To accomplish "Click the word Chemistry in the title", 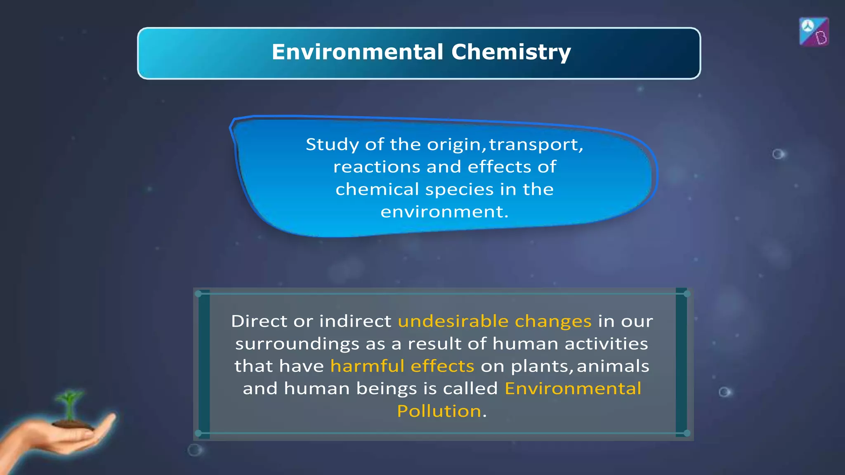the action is [x=511, y=52].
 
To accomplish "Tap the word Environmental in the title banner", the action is [x=357, y=52].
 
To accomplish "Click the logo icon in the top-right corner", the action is [x=814, y=32].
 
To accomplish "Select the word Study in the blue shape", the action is [x=332, y=145].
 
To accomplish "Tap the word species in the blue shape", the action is [x=459, y=190].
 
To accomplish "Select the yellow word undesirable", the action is [x=453, y=321].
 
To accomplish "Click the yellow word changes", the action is [x=553, y=321].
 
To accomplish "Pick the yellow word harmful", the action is [x=367, y=366].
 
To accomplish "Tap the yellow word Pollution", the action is [x=439, y=411].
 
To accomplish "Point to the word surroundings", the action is [x=297, y=344].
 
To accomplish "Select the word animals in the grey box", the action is [x=613, y=366].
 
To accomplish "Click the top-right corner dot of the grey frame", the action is [x=687, y=294].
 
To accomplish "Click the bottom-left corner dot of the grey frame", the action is [x=198, y=433].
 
